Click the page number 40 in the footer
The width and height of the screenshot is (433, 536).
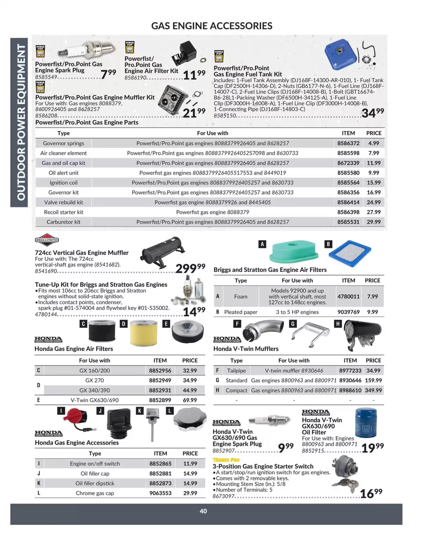(203, 511)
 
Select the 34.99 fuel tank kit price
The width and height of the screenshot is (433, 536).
(372, 113)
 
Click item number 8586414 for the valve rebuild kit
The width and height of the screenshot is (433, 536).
(348, 202)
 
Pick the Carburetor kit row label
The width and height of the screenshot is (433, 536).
(64, 222)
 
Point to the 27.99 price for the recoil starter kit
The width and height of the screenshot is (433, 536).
(373, 212)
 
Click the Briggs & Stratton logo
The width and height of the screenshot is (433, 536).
(47, 240)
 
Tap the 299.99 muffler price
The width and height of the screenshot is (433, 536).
(190, 268)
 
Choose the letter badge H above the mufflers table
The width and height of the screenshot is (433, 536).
(338, 324)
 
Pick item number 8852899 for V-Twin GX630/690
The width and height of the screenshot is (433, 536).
(160, 400)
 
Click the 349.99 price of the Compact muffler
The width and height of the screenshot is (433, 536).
(373, 390)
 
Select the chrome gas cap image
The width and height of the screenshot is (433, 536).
(190, 419)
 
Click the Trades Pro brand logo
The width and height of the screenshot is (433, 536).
(226, 460)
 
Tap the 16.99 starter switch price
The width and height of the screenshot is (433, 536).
(371, 493)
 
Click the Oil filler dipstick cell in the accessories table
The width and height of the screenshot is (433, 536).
(95, 483)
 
